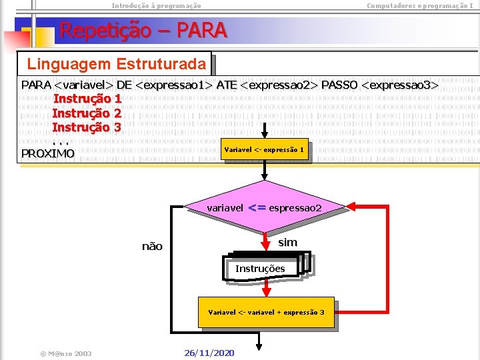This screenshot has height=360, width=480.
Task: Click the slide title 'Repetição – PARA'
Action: (x=143, y=30)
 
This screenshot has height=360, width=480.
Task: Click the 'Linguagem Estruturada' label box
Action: (x=116, y=65)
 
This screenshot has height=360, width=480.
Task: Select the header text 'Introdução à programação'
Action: (x=156, y=5)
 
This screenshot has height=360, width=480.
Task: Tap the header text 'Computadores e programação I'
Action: (x=420, y=5)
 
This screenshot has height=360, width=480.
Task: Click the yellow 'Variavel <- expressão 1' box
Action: (x=265, y=150)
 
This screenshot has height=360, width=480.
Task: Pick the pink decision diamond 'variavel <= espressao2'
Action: (x=265, y=208)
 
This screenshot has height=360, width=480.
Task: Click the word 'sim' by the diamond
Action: (x=287, y=242)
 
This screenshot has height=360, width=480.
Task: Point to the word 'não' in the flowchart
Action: (x=152, y=247)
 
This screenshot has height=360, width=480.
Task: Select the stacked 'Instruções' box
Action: (x=261, y=269)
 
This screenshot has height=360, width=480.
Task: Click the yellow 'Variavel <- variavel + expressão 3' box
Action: (x=266, y=312)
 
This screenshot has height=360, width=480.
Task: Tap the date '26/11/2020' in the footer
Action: (x=209, y=353)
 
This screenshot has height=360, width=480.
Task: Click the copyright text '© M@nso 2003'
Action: (x=65, y=353)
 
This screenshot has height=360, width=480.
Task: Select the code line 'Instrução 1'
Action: (x=87, y=99)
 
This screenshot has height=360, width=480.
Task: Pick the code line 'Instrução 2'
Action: (x=87, y=113)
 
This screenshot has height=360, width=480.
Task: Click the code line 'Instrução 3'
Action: (x=87, y=127)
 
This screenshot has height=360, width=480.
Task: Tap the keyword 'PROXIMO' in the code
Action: (x=48, y=153)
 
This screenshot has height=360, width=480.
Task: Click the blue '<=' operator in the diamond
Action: (x=257, y=208)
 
